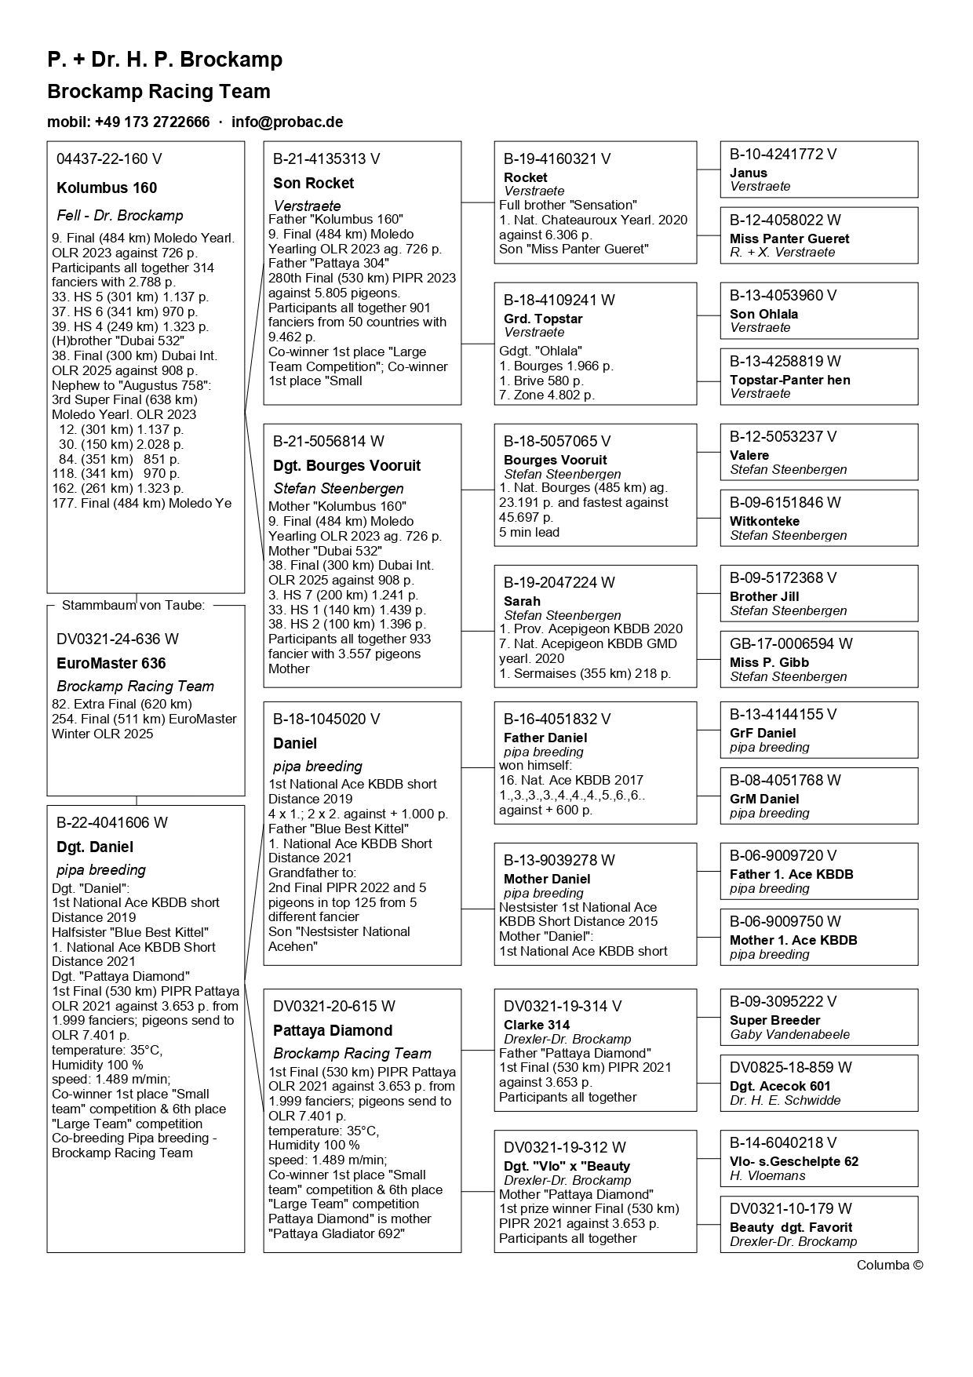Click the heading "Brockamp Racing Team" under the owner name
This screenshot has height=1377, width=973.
[x=159, y=92]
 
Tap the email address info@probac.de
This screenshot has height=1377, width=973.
[x=287, y=122]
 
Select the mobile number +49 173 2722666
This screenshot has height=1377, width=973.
[x=152, y=122]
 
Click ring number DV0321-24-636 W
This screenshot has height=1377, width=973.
[x=118, y=639]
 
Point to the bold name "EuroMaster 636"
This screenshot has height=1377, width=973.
[x=111, y=664]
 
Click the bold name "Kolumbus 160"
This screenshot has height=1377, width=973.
[x=107, y=188]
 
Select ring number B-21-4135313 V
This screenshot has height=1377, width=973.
[x=326, y=159]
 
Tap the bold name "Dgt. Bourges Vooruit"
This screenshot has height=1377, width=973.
[x=347, y=466]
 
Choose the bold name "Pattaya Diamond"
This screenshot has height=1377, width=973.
[x=333, y=1031]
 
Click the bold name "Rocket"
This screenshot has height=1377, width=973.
[x=526, y=178]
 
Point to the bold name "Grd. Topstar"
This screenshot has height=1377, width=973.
[x=543, y=319]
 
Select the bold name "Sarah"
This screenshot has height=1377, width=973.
[x=522, y=602]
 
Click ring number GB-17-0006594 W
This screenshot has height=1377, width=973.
[x=791, y=644]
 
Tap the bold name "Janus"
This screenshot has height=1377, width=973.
[x=749, y=173]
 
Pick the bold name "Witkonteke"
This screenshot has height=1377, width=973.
[x=764, y=522]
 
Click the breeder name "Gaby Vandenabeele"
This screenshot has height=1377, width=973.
[x=789, y=1035]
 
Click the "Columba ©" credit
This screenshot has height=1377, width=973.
[x=890, y=1265]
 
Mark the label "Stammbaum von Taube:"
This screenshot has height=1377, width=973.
[x=133, y=606]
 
